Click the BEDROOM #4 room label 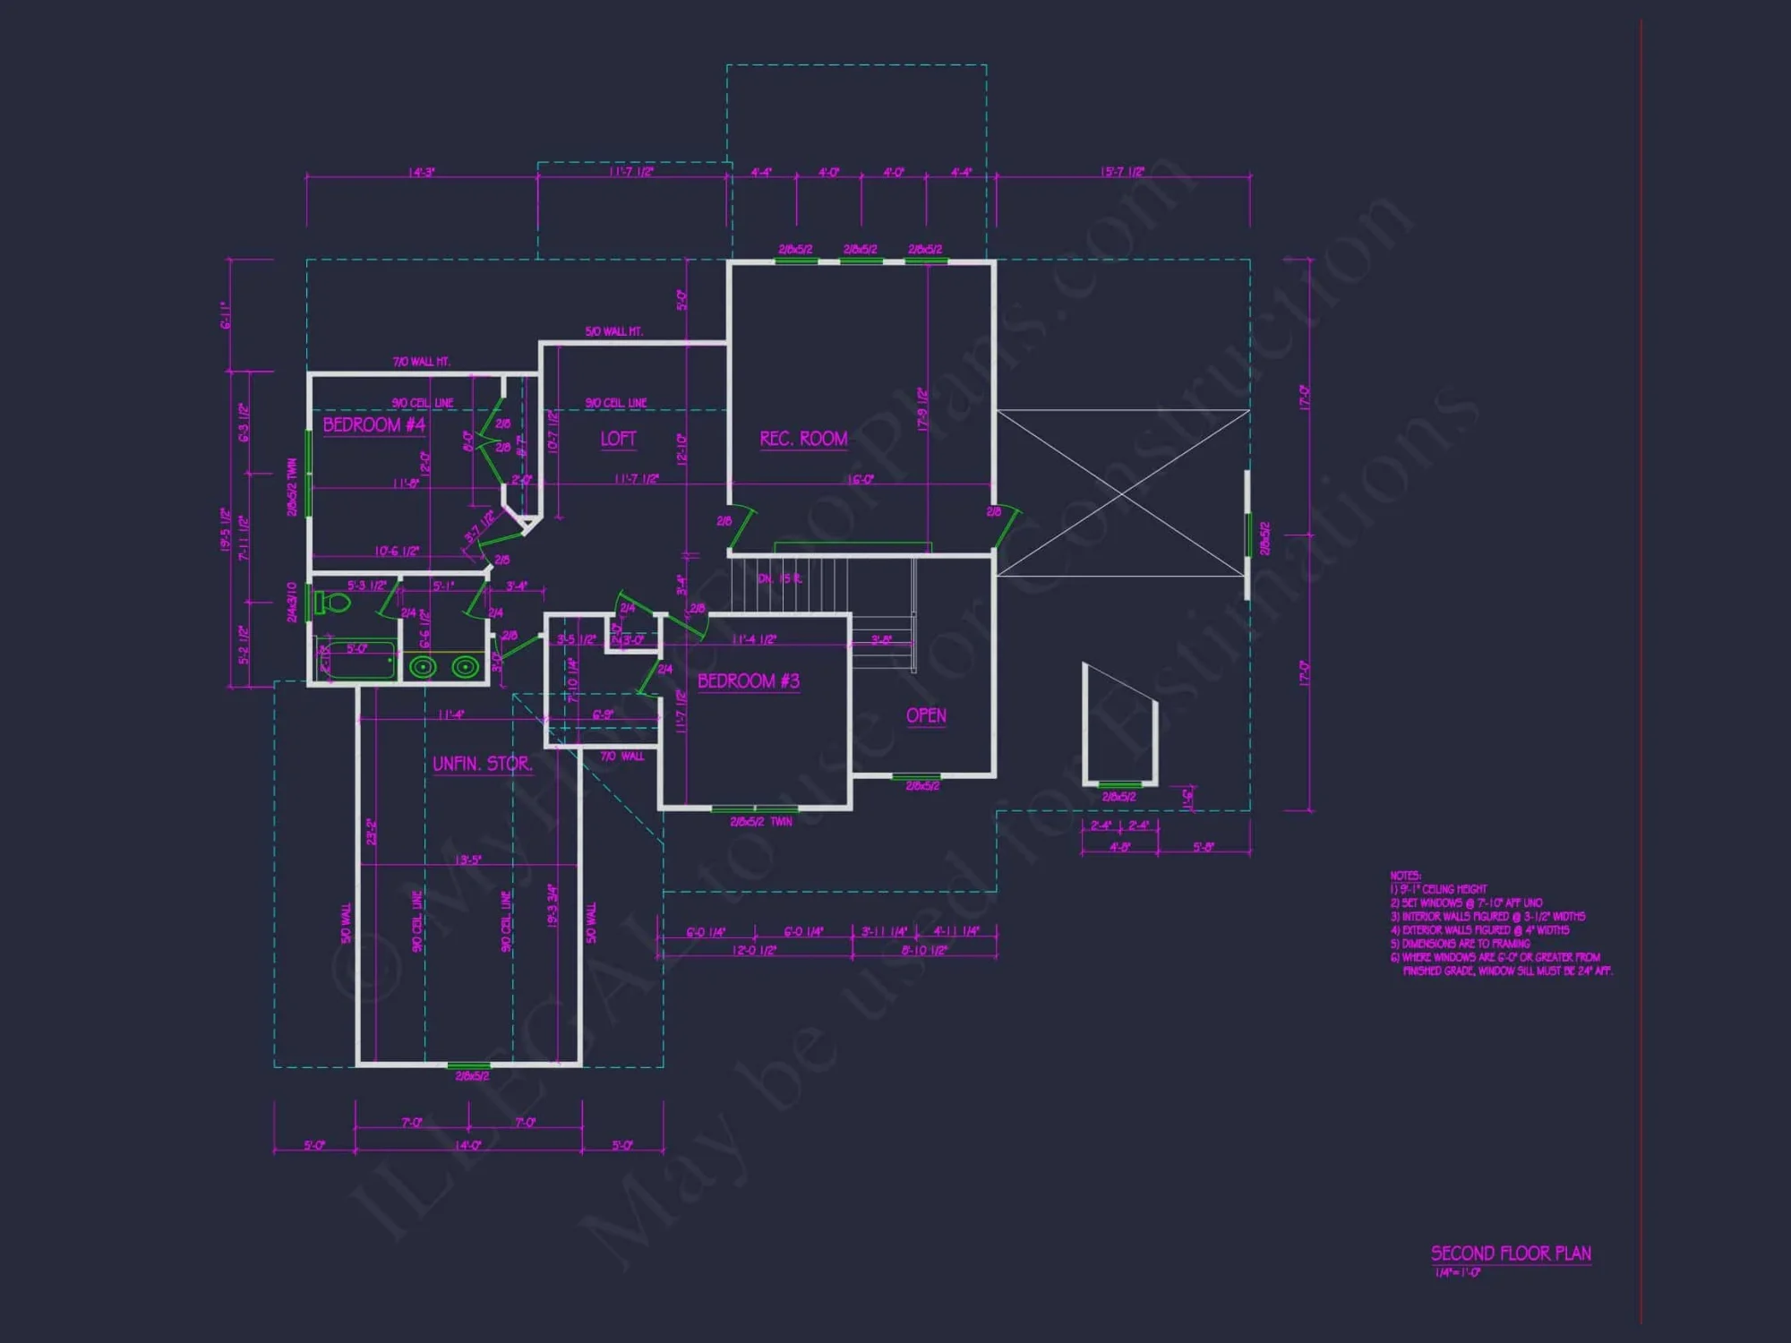pyautogui.click(x=373, y=424)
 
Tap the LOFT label pyautogui.click(x=618, y=438)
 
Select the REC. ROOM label pyautogui.click(x=803, y=438)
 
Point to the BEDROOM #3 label pyautogui.click(x=748, y=680)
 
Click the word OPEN pyautogui.click(x=926, y=714)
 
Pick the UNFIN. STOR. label pyautogui.click(x=482, y=763)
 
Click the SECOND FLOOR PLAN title pyautogui.click(x=1511, y=1253)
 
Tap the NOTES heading pyautogui.click(x=1405, y=875)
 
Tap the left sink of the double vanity pyautogui.click(x=423, y=666)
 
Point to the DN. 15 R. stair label pyautogui.click(x=780, y=578)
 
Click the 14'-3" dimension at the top pyautogui.click(x=421, y=171)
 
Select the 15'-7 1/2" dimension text pyautogui.click(x=1122, y=171)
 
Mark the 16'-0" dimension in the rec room pyautogui.click(x=861, y=480)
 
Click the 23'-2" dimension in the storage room pyautogui.click(x=371, y=831)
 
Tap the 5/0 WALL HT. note pyautogui.click(x=613, y=331)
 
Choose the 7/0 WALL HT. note pyautogui.click(x=421, y=362)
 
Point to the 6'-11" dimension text pyautogui.click(x=227, y=315)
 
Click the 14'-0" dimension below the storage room pyautogui.click(x=467, y=1145)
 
